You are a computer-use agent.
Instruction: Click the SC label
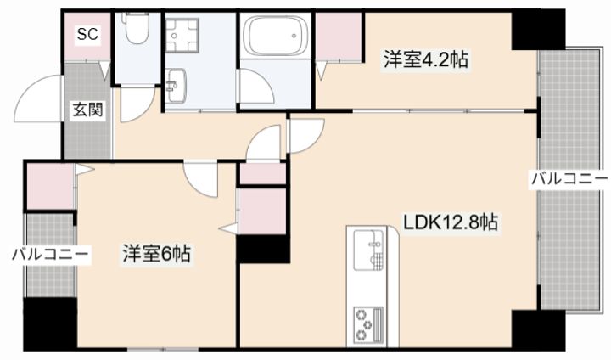pyautogui.click(x=87, y=34)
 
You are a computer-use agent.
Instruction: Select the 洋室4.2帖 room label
pyautogui.click(x=426, y=60)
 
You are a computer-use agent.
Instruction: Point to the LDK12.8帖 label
pyautogui.click(x=450, y=222)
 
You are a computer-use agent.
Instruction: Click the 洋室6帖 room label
pyautogui.click(x=157, y=255)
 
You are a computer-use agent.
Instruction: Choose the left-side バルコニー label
pyautogui.click(x=51, y=256)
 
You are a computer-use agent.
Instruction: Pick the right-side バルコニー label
pyautogui.click(x=569, y=179)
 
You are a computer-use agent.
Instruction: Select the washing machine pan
pyautogui.click(x=182, y=36)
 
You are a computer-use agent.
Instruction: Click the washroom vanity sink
pyautogui.click(x=176, y=86)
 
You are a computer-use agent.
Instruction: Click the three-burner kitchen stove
pyautogui.click(x=368, y=325)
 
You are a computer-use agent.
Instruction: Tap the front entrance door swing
pyautogui.click(x=38, y=98)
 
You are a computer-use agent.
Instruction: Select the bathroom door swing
pyautogui.click(x=256, y=87)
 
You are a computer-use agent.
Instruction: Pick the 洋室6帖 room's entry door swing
pyautogui.click(x=201, y=179)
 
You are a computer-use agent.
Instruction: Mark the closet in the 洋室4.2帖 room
pyautogui.click(x=339, y=37)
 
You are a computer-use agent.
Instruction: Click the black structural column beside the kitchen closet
pyautogui.click(x=264, y=249)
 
